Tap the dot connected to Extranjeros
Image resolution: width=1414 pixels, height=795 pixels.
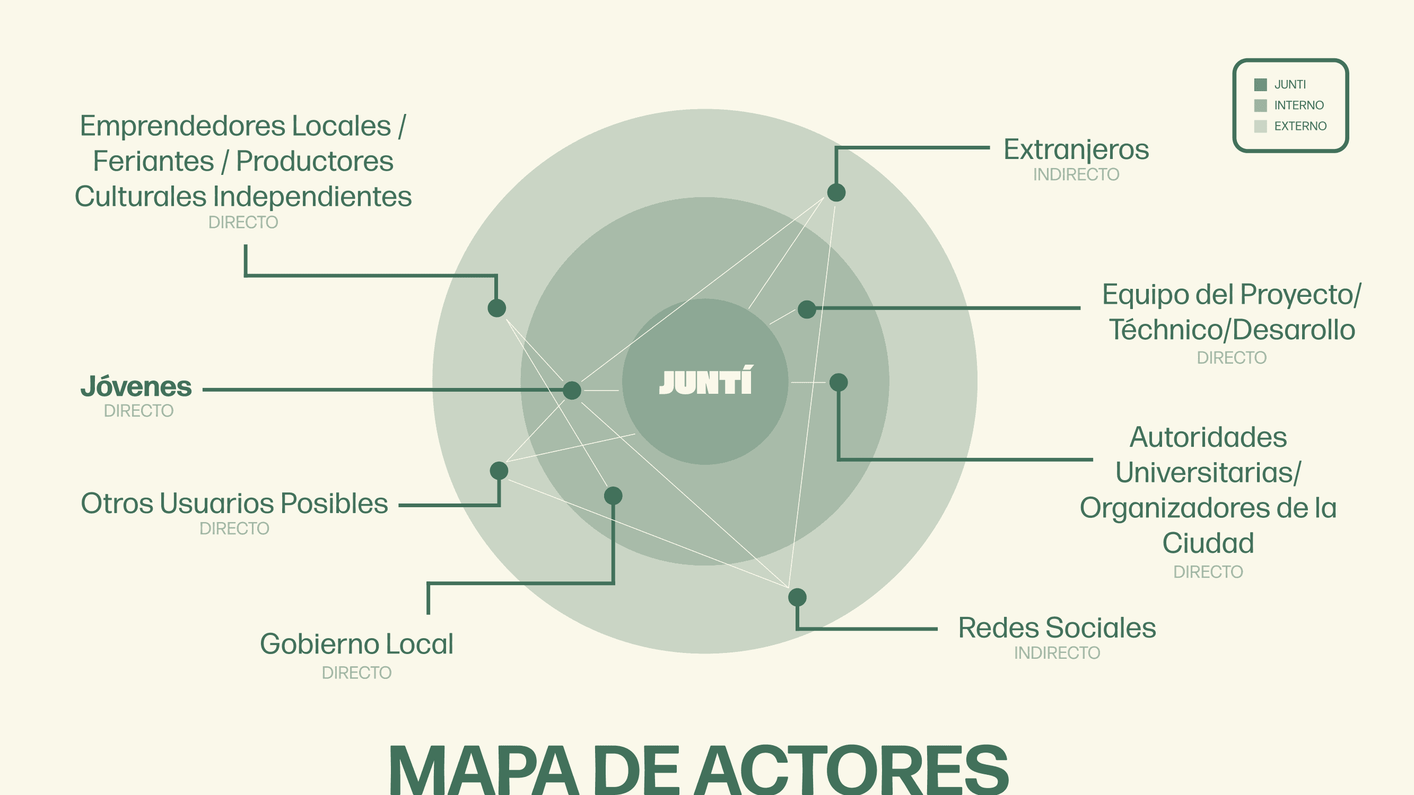[836, 192]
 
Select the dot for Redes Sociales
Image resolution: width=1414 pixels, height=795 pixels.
[797, 597]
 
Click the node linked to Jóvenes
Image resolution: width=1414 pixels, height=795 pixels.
[572, 390]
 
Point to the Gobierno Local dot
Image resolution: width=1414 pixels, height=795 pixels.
[613, 496]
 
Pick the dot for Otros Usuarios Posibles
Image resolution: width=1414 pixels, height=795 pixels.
[499, 470]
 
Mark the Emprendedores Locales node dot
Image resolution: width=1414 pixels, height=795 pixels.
[497, 308]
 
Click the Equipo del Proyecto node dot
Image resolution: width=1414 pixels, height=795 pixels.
[807, 310]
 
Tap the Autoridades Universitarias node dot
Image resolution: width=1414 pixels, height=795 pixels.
[839, 383]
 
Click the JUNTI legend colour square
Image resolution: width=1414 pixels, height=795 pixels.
[1260, 84]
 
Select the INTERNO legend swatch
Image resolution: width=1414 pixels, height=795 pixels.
[1260, 105]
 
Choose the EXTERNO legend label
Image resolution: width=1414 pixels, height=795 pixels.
[1300, 126]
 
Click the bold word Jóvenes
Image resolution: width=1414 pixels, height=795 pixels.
[136, 387]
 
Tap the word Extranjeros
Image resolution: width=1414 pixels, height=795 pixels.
[1076, 150]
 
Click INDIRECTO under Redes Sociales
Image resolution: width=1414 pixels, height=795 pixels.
[1057, 653]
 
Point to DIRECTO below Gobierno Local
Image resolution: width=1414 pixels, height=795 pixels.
[356, 673]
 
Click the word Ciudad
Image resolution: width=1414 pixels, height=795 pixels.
[1208, 543]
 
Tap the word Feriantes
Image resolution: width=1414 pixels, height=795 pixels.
[153, 161]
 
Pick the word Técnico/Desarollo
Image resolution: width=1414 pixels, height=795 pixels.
[1232, 330]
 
